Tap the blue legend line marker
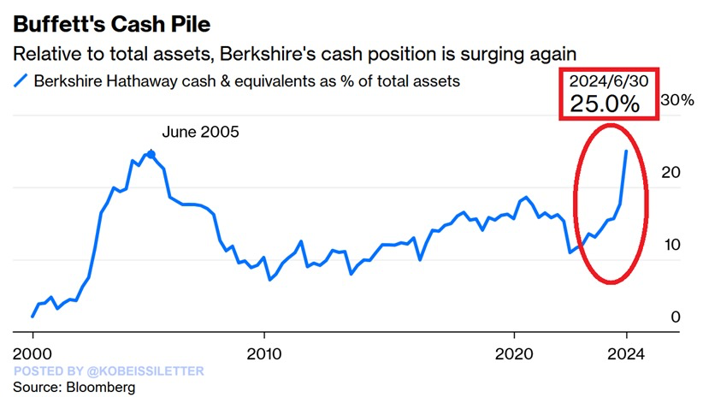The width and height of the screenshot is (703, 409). pos(21,81)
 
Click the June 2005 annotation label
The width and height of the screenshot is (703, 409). pos(201,132)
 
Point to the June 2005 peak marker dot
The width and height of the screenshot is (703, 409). pos(151,154)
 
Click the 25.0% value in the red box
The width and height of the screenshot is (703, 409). pos(605,105)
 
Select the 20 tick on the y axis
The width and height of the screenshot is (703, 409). pos(673,172)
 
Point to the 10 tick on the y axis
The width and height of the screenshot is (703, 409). pos(673,245)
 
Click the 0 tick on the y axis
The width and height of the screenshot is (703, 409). pos(676,317)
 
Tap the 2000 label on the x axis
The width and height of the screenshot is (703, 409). pos(32,353)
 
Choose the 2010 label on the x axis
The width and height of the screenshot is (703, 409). pos(263,353)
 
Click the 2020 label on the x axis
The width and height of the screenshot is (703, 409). pos(515,353)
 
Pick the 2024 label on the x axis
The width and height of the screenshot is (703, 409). pos(626,353)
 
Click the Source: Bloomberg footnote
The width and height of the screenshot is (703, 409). pos(74,388)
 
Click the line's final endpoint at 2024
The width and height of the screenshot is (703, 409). pos(626,151)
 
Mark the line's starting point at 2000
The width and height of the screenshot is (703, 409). pos(32,317)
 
